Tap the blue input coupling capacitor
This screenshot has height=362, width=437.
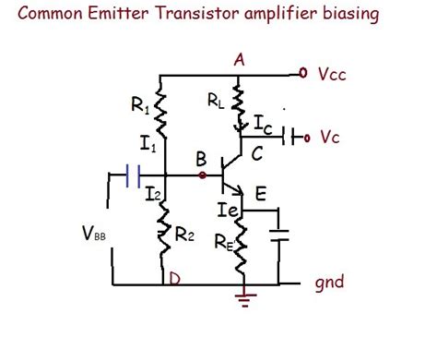pos(132,173)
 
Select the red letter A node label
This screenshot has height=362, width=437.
pos(240,59)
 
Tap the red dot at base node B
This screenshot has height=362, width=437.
pos(202,173)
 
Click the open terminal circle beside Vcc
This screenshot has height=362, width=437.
pos(302,73)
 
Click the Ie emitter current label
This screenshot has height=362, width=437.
pos(227,211)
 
